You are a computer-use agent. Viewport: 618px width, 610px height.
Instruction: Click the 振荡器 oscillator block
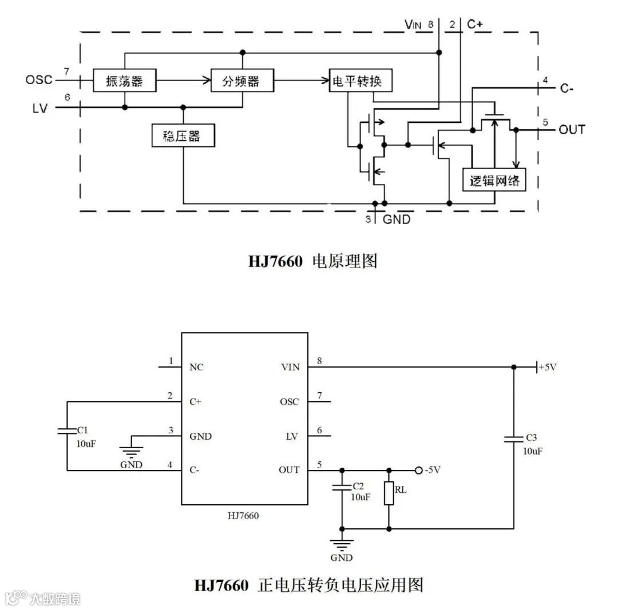(x=124, y=81)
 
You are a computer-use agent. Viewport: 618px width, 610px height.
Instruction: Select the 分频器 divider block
(x=241, y=81)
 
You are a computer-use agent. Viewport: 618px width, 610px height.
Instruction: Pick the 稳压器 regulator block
(x=183, y=136)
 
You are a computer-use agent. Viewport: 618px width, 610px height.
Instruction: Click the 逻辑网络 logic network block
(x=494, y=180)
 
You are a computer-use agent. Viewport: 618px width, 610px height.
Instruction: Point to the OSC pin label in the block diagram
(x=38, y=79)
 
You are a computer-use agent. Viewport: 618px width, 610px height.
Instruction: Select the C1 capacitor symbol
(x=67, y=430)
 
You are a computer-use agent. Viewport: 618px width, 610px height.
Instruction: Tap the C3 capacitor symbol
(x=513, y=439)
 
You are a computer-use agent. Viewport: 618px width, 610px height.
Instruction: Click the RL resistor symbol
(x=389, y=493)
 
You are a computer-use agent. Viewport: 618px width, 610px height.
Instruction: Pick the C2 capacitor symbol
(x=342, y=488)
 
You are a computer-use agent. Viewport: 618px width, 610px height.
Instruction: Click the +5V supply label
(x=546, y=367)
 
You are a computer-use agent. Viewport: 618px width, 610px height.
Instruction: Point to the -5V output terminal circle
(x=419, y=470)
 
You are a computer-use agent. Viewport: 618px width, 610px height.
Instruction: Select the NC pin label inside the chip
(x=196, y=367)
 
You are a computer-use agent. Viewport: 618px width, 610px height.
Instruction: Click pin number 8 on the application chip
(x=319, y=360)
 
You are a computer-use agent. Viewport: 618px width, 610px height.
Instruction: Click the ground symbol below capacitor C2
(x=342, y=543)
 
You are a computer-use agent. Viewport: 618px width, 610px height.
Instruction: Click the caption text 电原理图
(x=345, y=261)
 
